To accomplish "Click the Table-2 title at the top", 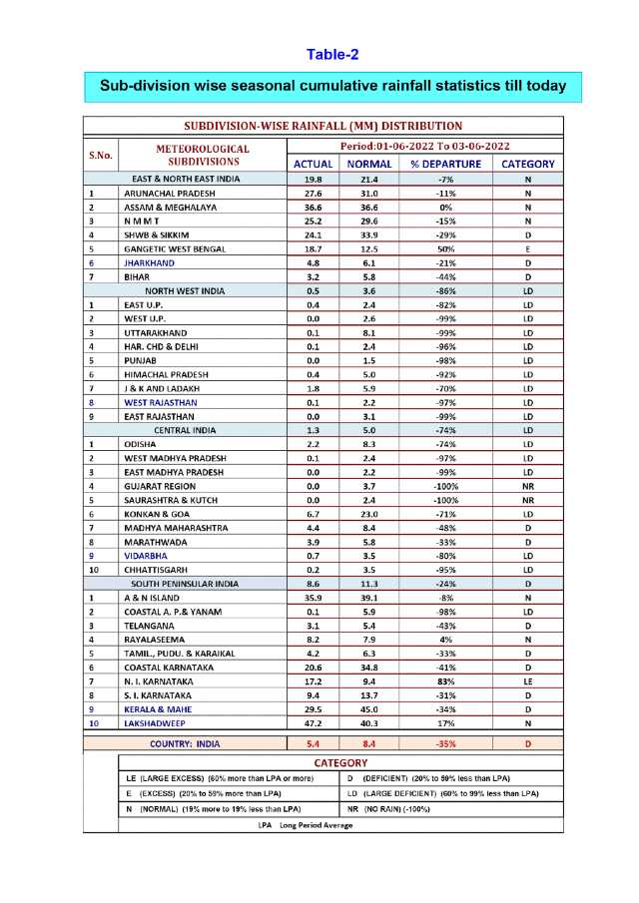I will point(332,54).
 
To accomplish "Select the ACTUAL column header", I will point(313,164).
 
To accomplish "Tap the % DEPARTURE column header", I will point(445,164).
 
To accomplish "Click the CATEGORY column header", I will point(527,164).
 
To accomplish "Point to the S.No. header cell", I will point(101,155).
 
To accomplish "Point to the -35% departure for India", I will point(445,743).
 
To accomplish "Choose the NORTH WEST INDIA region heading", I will point(185,290).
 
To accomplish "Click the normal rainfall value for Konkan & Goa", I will point(369,514).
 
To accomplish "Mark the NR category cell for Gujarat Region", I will point(527,486).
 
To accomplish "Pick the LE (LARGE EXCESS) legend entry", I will point(219,777).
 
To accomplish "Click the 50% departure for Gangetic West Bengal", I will point(445,248).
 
